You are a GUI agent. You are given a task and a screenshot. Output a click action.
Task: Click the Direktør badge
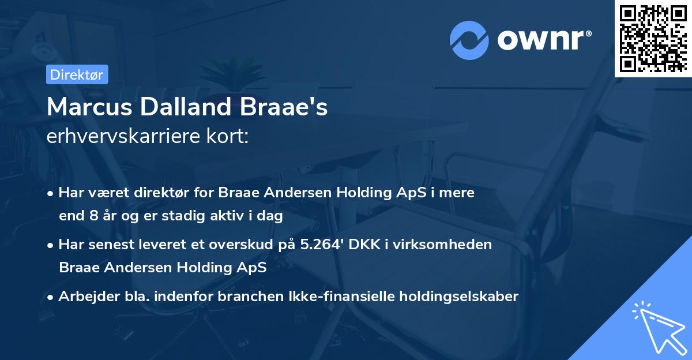77,74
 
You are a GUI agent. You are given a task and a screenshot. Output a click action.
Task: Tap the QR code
653,38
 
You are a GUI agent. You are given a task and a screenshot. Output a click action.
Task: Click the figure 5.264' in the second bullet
324,245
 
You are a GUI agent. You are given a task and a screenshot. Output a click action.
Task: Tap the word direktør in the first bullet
163,193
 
